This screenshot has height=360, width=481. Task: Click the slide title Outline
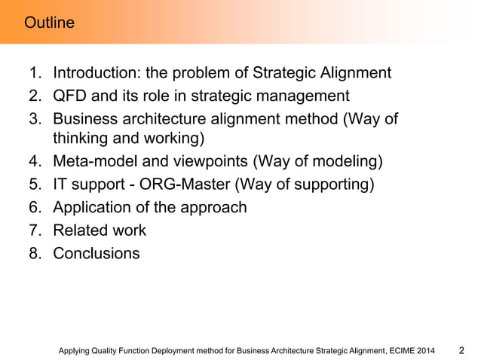click(x=49, y=23)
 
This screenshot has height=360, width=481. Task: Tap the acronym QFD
click(x=71, y=96)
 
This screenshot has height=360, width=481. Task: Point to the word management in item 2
click(x=304, y=96)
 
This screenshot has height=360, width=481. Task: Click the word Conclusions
click(x=96, y=253)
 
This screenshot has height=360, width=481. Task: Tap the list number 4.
click(x=34, y=162)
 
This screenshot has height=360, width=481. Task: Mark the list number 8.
click(x=34, y=253)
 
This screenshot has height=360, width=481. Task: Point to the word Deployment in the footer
click(x=170, y=350)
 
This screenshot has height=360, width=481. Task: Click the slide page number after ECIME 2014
click(x=463, y=350)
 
